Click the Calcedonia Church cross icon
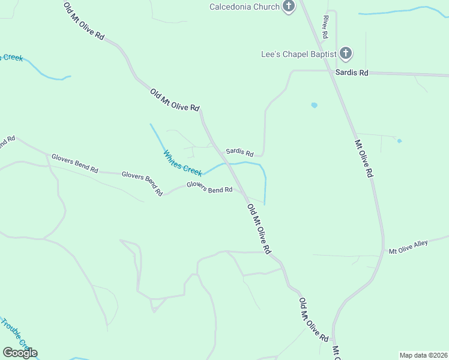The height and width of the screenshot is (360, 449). click(289, 7)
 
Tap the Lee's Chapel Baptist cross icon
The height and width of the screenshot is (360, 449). click(345, 53)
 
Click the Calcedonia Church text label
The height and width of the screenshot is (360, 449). click(244, 7)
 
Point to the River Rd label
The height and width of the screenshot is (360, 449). click(325, 28)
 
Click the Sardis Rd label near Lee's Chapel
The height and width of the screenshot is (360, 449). click(352, 73)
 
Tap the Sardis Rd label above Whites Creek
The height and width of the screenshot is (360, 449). click(240, 152)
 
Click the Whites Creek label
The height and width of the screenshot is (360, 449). click(182, 163)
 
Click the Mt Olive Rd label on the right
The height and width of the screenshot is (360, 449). click(364, 158)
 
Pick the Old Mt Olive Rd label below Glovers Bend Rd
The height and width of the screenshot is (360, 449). click(259, 228)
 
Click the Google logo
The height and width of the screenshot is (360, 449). click(20, 353)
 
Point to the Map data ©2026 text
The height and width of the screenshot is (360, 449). click(423, 355)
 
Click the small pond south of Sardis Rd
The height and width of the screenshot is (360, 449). click(314, 105)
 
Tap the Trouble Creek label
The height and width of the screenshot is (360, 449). click(15, 334)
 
